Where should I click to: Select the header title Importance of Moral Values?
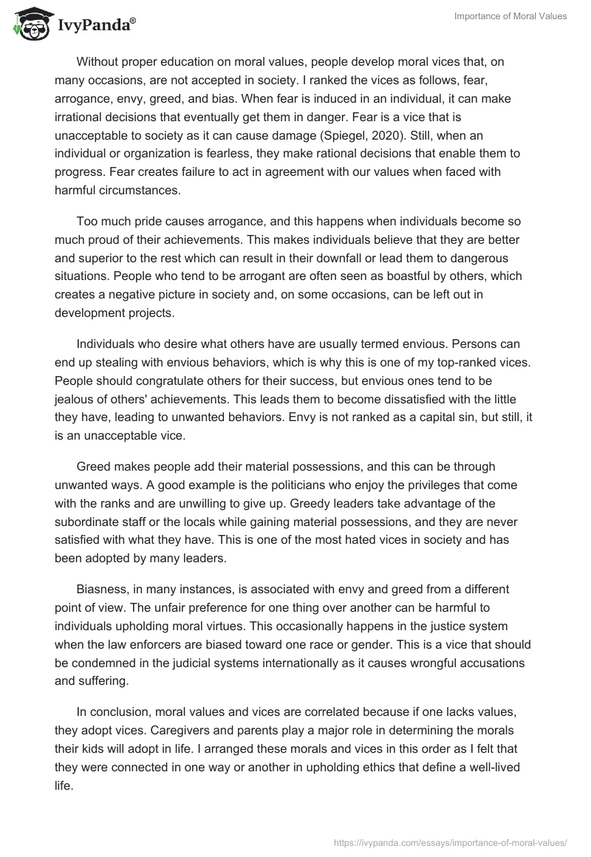(x=509, y=16)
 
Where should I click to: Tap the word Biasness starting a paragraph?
(x=103, y=590)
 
